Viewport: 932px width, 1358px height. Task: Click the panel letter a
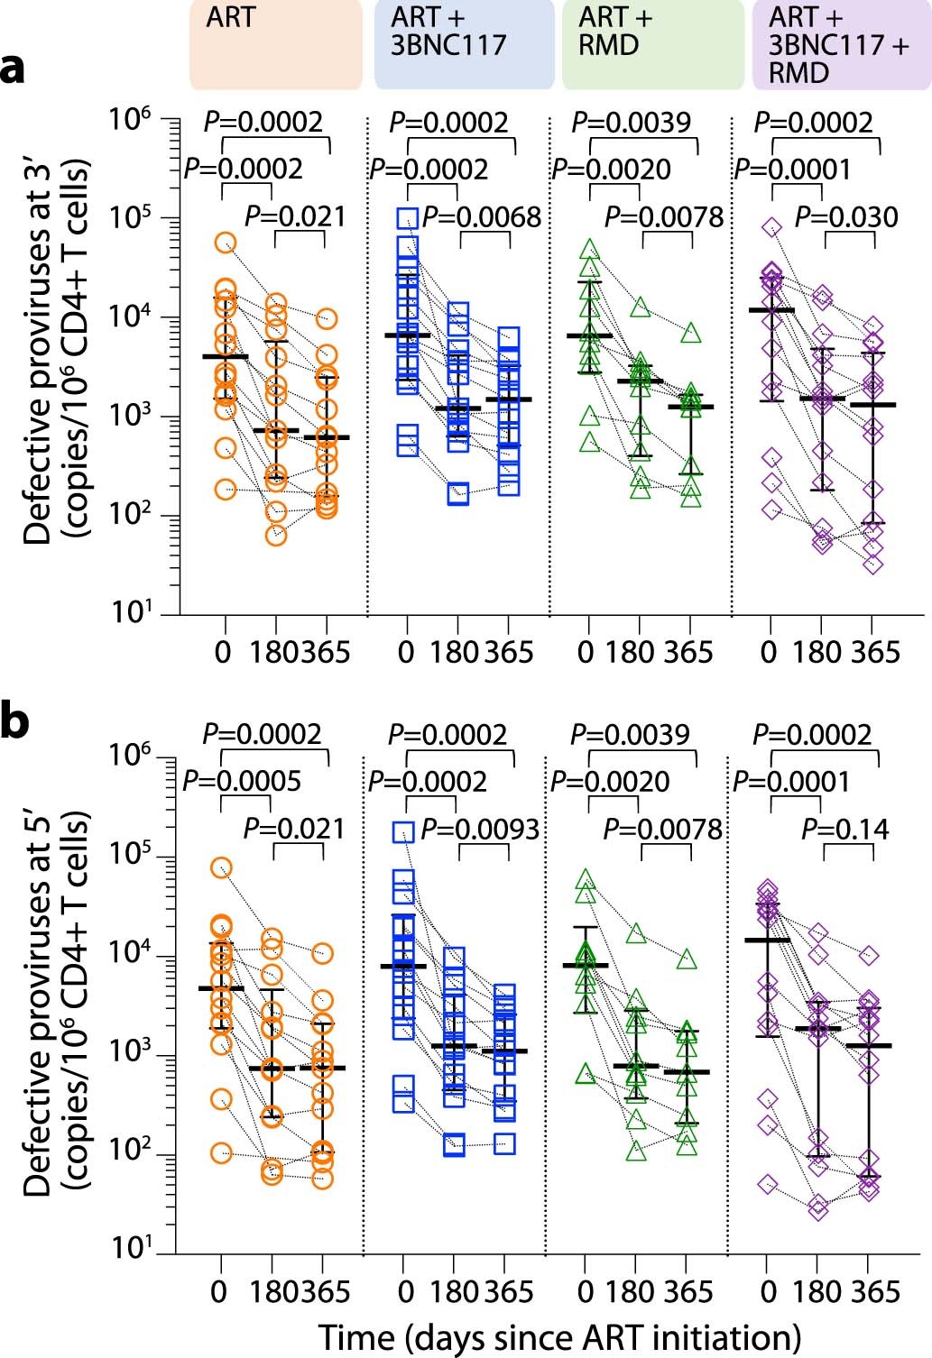pos(14,69)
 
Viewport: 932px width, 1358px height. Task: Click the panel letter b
pos(14,722)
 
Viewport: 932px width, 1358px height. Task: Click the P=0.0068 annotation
pos(482,217)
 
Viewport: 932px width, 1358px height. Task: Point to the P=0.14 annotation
pos(845,830)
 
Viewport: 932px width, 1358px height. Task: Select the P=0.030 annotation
pos(846,217)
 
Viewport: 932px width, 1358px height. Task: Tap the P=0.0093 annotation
pos(480,830)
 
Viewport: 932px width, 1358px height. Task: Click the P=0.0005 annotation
pos(242,781)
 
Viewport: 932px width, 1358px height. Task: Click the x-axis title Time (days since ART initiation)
pos(559,1337)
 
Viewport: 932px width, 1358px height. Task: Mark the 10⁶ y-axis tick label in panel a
pos(130,118)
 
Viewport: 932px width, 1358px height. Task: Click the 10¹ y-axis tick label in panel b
pos(130,1249)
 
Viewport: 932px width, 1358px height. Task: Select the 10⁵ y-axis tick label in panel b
pos(130,854)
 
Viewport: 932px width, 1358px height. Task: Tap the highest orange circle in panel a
pos(226,243)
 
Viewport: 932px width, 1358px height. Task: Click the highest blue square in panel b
pos(403,832)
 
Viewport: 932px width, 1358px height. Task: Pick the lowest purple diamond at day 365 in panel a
pos(872,564)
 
